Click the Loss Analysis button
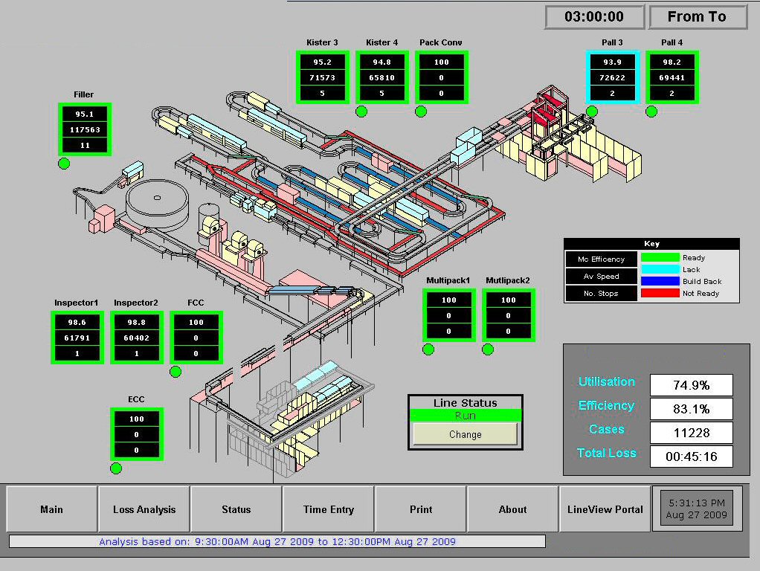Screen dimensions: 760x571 tap(144, 509)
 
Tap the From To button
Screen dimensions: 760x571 tap(698, 17)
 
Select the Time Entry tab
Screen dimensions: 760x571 tap(329, 509)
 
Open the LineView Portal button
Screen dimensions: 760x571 tap(605, 509)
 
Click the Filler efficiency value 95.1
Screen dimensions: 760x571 tap(85, 114)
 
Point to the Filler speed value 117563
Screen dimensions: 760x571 tap(85, 130)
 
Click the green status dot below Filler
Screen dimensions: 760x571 tap(64, 164)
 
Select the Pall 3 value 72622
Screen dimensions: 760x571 tap(613, 77)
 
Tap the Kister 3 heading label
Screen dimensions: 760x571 tap(322, 42)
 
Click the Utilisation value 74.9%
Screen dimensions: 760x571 tap(691, 385)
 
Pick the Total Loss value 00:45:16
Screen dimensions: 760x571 tap(691, 457)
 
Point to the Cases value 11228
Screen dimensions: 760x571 tap(691, 433)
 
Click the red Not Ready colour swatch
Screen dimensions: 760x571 tap(660, 293)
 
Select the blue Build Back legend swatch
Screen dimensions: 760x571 tap(660, 281)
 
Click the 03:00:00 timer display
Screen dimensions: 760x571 tap(595, 17)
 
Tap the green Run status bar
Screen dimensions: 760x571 tap(466, 416)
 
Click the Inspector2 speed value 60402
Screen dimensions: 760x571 tap(137, 338)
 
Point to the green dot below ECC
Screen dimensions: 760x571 tap(116, 468)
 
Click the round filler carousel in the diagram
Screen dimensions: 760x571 tap(157, 204)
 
